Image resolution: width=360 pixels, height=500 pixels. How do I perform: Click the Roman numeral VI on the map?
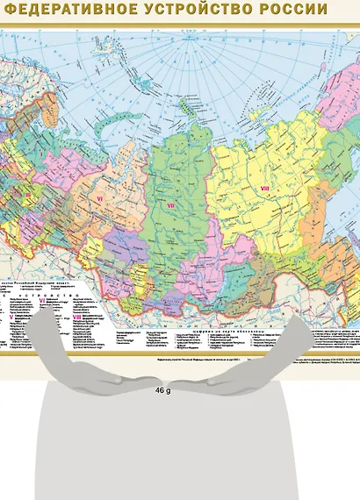point(98,201)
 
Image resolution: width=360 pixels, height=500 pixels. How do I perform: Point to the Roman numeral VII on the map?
point(172,207)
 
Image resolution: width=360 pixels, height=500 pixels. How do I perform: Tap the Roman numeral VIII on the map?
point(265,189)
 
